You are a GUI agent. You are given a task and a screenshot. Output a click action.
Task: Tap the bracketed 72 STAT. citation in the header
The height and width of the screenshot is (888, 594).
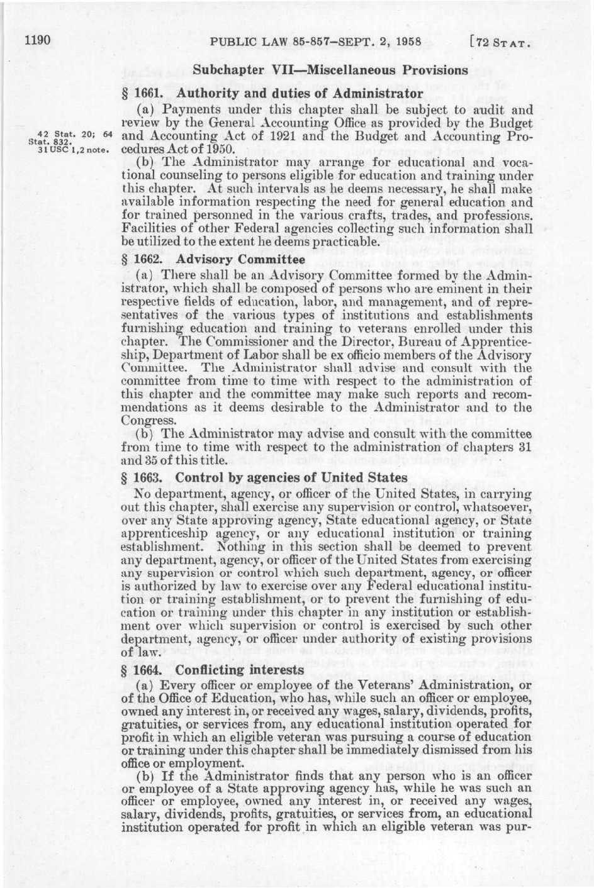pyautogui.click(x=501, y=43)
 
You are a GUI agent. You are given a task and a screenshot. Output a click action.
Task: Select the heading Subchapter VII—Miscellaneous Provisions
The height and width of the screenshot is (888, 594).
pyautogui.click(x=330, y=70)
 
